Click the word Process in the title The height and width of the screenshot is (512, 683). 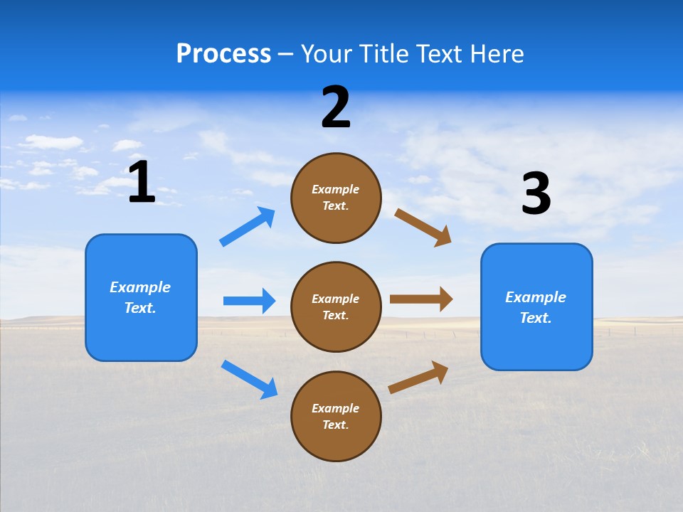(223, 53)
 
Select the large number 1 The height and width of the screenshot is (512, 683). (142, 182)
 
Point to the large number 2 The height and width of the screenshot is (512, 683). (336, 107)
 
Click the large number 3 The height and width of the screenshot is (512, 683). (536, 194)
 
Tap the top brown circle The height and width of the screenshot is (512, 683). (336, 197)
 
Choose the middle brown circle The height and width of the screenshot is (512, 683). (336, 306)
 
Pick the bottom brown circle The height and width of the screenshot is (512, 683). (336, 416)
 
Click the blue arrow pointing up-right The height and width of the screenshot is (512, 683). (248, 227)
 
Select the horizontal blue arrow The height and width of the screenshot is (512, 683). (249, 301)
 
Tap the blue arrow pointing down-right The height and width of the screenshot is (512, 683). (249, 379)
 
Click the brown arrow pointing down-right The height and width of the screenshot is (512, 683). (423, 227)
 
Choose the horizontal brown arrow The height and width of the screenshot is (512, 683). (421, 299)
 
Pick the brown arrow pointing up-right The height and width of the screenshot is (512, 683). (418, 377)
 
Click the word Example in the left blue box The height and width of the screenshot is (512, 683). (140, 287)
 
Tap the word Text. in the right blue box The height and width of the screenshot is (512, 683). (536, 318)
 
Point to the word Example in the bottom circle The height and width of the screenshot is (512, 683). (336, 408)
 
